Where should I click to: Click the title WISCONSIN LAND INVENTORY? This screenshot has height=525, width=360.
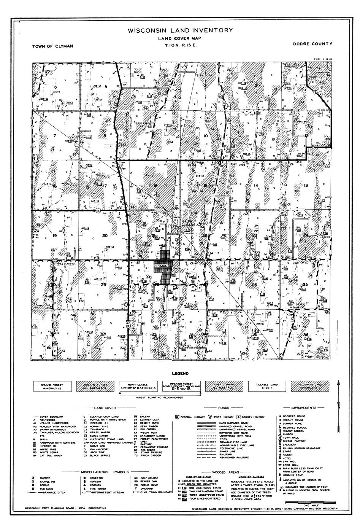point(180,30)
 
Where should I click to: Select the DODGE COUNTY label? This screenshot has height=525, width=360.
point(312,44)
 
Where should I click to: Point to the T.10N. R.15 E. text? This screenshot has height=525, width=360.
point(180,45)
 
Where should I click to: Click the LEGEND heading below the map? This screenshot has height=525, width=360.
point(180,374)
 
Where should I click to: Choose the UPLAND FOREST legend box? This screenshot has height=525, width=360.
point(53,387)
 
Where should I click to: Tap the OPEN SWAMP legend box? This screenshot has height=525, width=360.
point(224,387)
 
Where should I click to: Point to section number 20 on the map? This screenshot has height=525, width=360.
point(105,235)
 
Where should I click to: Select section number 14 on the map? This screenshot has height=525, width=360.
point(256,185)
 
